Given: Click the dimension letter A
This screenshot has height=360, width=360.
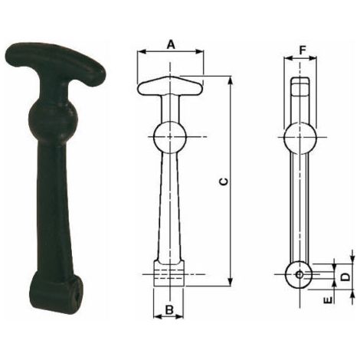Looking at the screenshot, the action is click(x=171, y=44).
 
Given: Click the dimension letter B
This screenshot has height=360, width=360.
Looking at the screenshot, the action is click(x=169, y=309).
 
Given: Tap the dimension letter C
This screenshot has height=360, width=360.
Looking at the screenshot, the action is click(x=224, y=182).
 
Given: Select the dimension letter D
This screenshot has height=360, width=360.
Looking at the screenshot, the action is click(x=345, y=277).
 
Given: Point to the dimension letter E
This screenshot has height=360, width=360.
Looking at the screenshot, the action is click(x=328, y=300).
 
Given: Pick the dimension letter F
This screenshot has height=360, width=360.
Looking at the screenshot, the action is click(x=303, y=51).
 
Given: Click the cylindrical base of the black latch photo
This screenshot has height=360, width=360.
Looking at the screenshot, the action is click(x=57, y=290).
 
